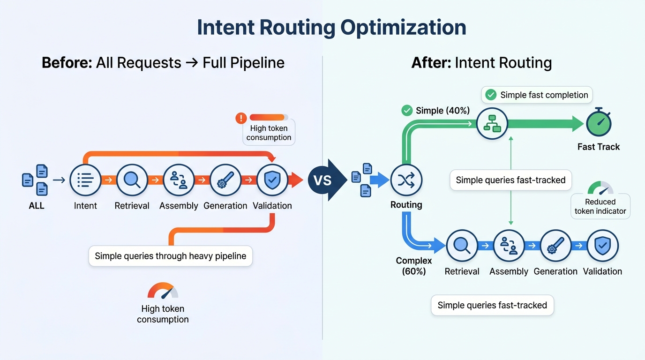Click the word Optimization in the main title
pyautogui.click(x=403, y=28)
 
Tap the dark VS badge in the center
pyautogui.click(x=322, y=180)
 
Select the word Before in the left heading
pyautogui.click(x=67, y=63)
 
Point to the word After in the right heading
pyautogui.click(x=431, y=63)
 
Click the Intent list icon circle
pyautogui.click(x=85, y=180)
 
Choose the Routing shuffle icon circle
pyautogui.click(x=406, y=180)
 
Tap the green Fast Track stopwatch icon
pyautogui.click(x=599, y=124)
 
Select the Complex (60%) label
pyautogui.click(x=413, y=266)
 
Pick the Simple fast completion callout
pyautogui.click(x=537, y=95)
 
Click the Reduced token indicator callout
pyautogui.click(x=600, y=206)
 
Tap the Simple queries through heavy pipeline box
pyautogui.click(x=171, y=256)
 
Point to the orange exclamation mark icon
pyautogui.click(x=241, y=118)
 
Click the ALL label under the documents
pyautogui.click(x=37, y=206)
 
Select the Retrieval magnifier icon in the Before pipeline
pyautogui.click(x=132, y=180)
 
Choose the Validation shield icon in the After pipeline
pyautogui.click(x=602, y=246)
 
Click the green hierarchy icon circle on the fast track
pyautogui.click(x=492, y=123)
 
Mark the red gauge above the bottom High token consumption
pyautogui.click(x=163, y=291)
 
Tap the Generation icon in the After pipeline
pyautogui.click(x=555, y=246)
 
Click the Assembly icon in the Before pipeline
pyautogui.click(x=179, y=180)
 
